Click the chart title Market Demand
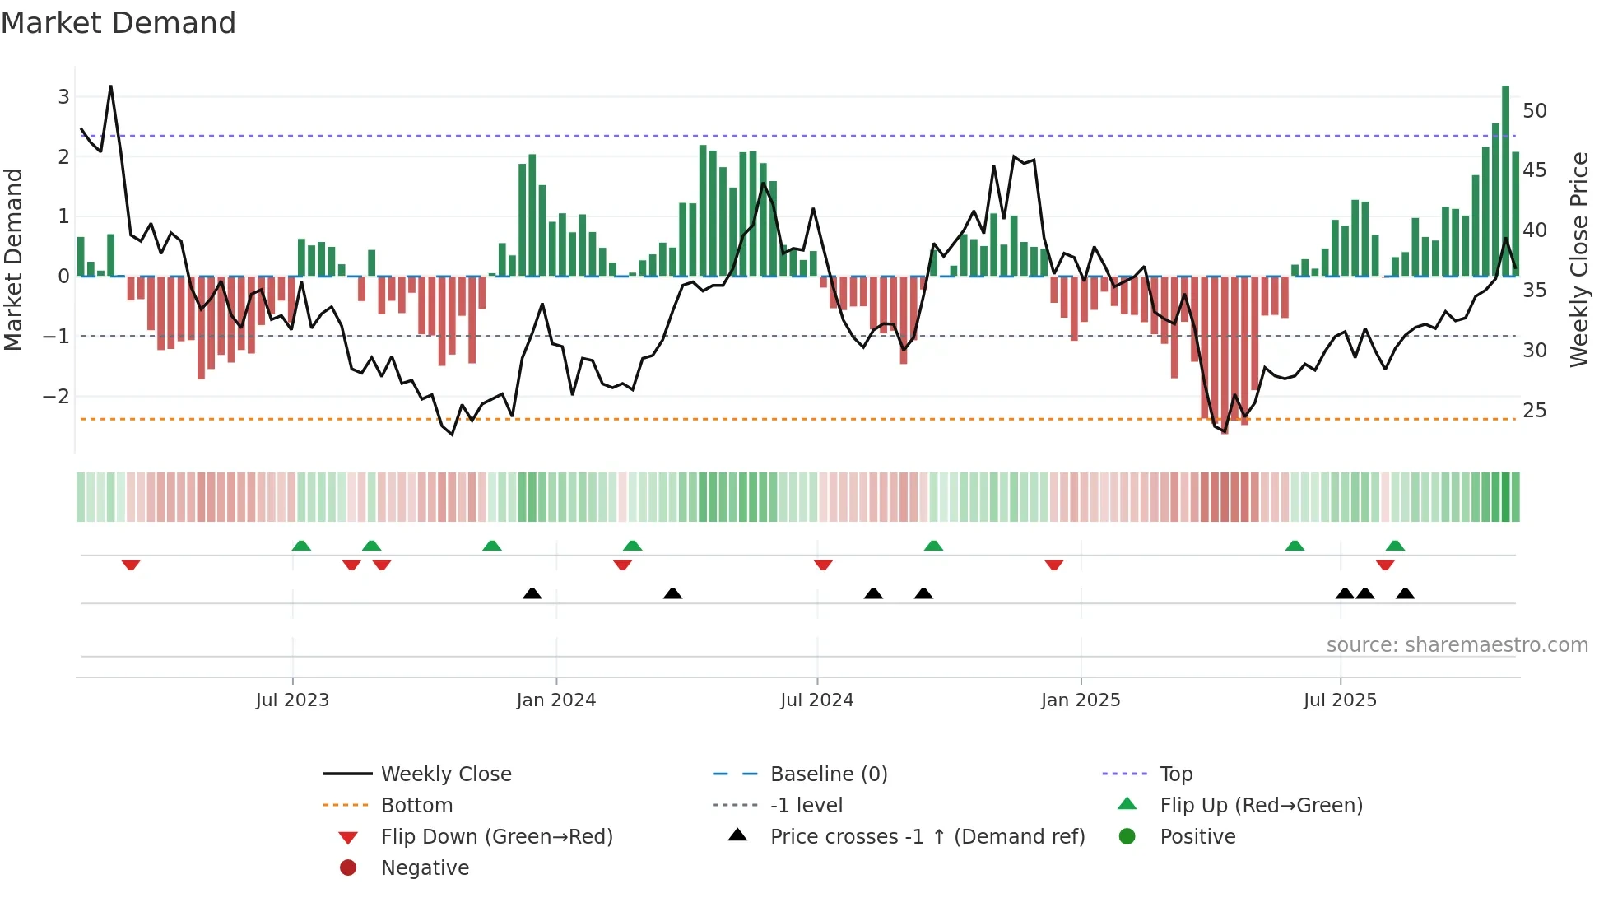pos(119,23)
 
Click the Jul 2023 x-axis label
pos(292,700)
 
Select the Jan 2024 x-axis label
pos(555,700)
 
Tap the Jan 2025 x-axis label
pos(1080,700)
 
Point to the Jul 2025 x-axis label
pos(1340,700)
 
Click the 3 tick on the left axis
pos(63,97)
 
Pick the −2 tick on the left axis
pos(56,397)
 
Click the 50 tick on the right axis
pos(1534,111)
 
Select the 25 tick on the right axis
pos(1534,411)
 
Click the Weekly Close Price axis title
pos(1578,259)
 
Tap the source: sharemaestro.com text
pos(1457,645)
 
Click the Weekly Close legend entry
pos(445,774)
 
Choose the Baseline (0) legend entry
pos(828,774)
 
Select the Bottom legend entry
pos(416,806)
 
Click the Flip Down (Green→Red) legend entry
pos(496,837)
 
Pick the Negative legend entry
pos(425,868)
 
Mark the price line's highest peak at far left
pos(110,86)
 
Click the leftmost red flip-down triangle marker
pos(131,565)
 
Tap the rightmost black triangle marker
pos(1405,593)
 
